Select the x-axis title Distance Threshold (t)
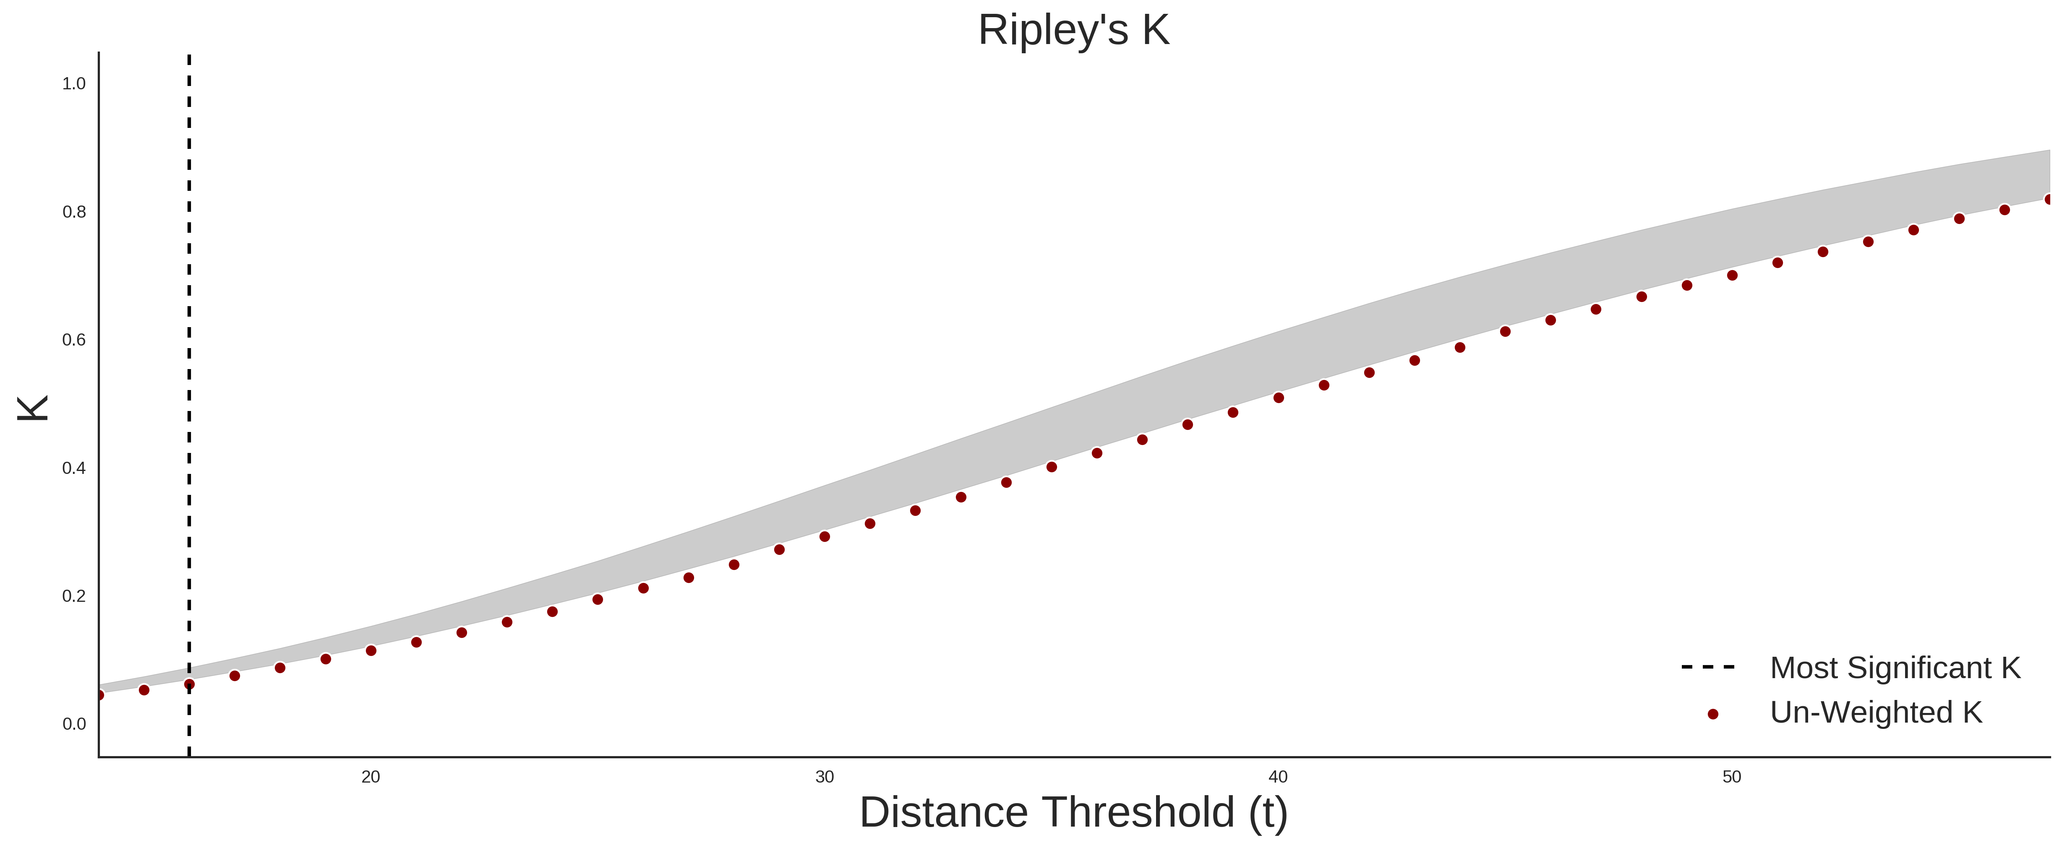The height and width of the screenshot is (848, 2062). tap(1073, 813)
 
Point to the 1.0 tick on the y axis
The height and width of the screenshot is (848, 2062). tap(74, 84)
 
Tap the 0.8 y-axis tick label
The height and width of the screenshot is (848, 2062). tap(74, 212)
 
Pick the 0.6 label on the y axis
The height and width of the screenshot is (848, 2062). tap(74, 340)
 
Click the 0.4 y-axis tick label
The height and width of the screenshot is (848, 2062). tap(74, 468)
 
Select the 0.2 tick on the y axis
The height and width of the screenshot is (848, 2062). tap(74, 596)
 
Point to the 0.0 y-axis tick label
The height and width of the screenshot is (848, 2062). tap(74, 724)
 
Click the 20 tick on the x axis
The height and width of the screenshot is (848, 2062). tap(371, 777)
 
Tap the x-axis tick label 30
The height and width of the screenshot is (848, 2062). tap(825, 777)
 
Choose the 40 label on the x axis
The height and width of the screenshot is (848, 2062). tap(1278, 777)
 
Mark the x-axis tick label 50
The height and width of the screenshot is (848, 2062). tap(1732, 777)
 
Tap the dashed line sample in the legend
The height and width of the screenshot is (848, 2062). tap(1708, 666)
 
